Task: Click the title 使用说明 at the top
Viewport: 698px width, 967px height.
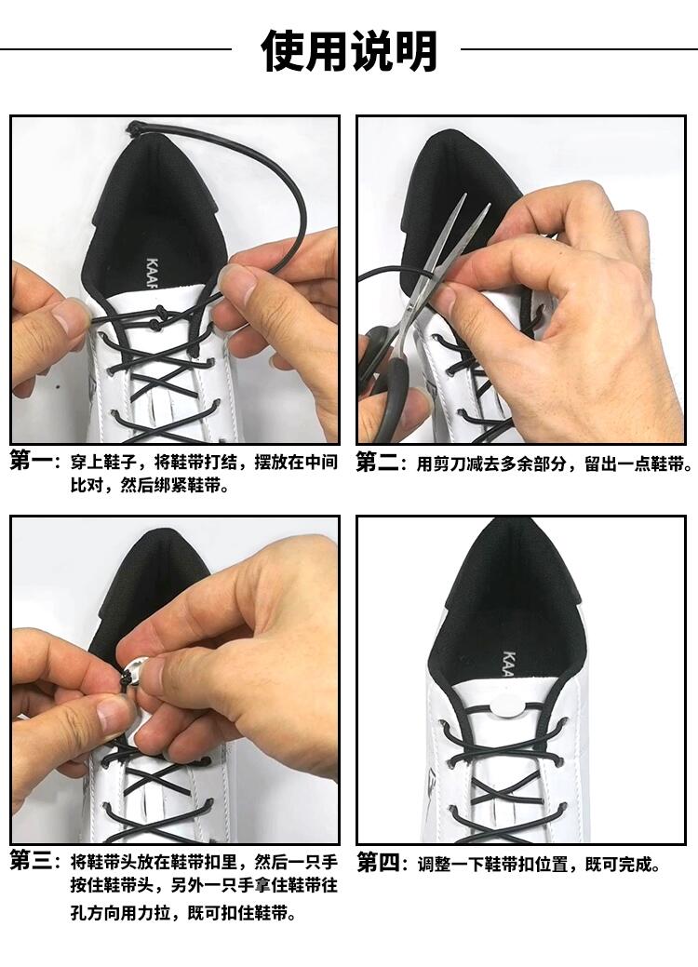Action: (x=349, y=50)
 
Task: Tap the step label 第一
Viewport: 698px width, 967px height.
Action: (x=32, y=460)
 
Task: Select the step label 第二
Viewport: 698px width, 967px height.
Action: (x=377, y=462)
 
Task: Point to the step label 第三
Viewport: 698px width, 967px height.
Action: (x=32, y=860)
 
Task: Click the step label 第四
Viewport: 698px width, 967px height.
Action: (x=378, y=863)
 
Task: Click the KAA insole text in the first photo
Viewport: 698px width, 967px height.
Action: (x=153, y=274)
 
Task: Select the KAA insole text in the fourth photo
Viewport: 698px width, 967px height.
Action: (x=509, y=664)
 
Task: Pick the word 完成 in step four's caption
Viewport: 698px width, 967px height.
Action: (x=635, y=864)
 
